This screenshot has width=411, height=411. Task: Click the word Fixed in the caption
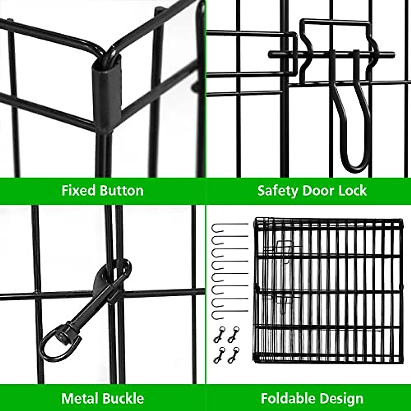(78, 190)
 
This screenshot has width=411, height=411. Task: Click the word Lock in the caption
(353, 190)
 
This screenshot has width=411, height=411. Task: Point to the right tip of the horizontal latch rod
(393, 54)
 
